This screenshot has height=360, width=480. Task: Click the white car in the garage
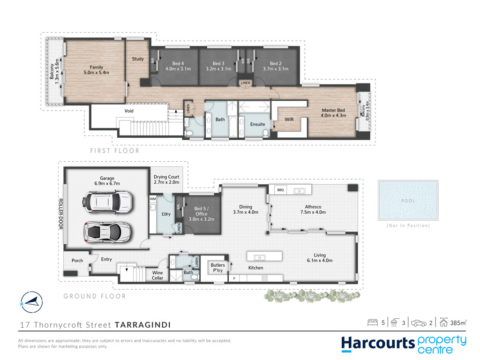(107, 202)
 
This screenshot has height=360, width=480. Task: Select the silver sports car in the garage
(107, 232)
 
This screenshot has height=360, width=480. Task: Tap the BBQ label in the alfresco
(280, 190)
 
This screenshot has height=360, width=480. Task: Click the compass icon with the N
(31, 302)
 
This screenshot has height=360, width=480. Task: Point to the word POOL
(408, 201)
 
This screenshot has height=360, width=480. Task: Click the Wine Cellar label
(157, 275)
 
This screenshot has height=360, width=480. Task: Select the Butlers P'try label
(217, 268)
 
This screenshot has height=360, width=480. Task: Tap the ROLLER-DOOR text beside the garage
(60, 214)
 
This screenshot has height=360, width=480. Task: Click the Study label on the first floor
(138, 59)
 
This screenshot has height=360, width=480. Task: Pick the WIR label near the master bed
(289, 120)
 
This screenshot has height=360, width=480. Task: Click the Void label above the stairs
(129, 111)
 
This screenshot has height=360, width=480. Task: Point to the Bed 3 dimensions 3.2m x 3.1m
(218, 69)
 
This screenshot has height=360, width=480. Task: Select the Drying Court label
(166, 177)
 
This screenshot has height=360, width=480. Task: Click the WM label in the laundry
(153, 199)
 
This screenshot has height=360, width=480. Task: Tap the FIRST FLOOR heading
(115, 150)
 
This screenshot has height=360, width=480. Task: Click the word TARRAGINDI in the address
(142, 325)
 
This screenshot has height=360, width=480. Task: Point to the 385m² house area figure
(458, 322)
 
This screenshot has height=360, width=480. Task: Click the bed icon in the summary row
(373, 322)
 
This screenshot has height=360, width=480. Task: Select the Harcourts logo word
(378, 344)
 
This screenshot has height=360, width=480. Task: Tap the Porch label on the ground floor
(77, 261)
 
